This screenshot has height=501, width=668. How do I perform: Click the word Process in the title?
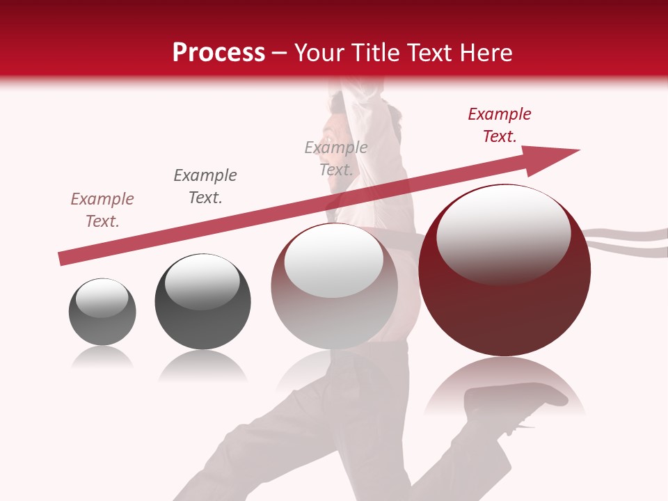coord(218,53)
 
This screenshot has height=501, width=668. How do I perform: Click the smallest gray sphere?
coord(102,312)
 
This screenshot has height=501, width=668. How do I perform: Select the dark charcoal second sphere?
coord(202,302)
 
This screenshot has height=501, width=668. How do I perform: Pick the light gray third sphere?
coord(334,287)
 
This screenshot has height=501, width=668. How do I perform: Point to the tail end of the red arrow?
coord(63,258)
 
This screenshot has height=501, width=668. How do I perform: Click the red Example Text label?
coord(500,125)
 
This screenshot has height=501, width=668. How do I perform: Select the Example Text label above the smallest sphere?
coord(102,210)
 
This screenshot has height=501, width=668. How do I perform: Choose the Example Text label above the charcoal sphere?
coord(205,186)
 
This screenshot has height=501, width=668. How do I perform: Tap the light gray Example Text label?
coord(336,159)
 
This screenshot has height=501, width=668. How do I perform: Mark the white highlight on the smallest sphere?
coord(102,297)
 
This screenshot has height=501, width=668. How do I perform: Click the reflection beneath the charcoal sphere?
coord(202,365)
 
